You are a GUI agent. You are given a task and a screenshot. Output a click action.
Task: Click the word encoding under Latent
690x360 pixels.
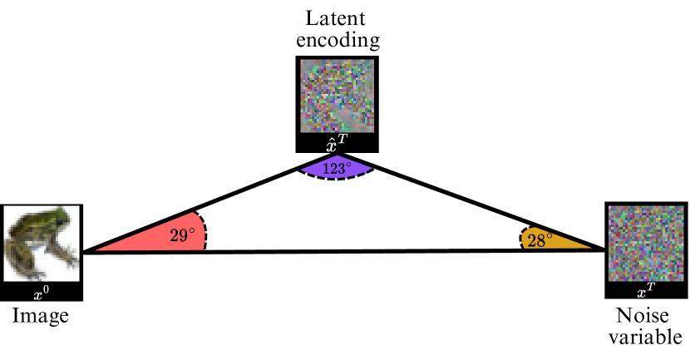[x=338, y=39]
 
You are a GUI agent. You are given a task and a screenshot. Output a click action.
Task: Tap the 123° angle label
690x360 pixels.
[x=338, y=167]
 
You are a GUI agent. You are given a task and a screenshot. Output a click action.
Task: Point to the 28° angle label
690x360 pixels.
[x=540, y=241]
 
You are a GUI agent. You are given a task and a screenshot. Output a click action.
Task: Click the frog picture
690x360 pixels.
[x=40, y=244]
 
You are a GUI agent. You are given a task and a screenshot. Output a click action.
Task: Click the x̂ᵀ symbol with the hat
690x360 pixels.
[x=338, y=145]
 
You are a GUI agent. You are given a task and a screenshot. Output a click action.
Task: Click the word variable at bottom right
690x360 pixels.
[x=645, y=338]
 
